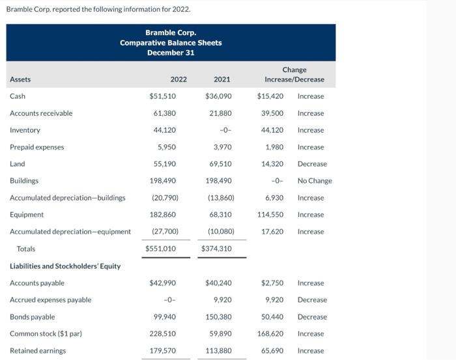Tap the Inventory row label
click(25, 130)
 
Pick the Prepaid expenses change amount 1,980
click(274, 147)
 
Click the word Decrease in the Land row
click(312, 164)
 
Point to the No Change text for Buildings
click(315, 181)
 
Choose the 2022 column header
click(178, 79)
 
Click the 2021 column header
click(221, 79)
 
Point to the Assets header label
click(20, 79)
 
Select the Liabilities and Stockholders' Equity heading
click(65, 266)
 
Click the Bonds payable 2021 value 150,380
click(219, 317)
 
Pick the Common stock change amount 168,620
click(271, 334)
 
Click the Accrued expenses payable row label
click(50, 300)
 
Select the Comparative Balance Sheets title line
click(171, 43)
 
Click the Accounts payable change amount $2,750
click(272, 283)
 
